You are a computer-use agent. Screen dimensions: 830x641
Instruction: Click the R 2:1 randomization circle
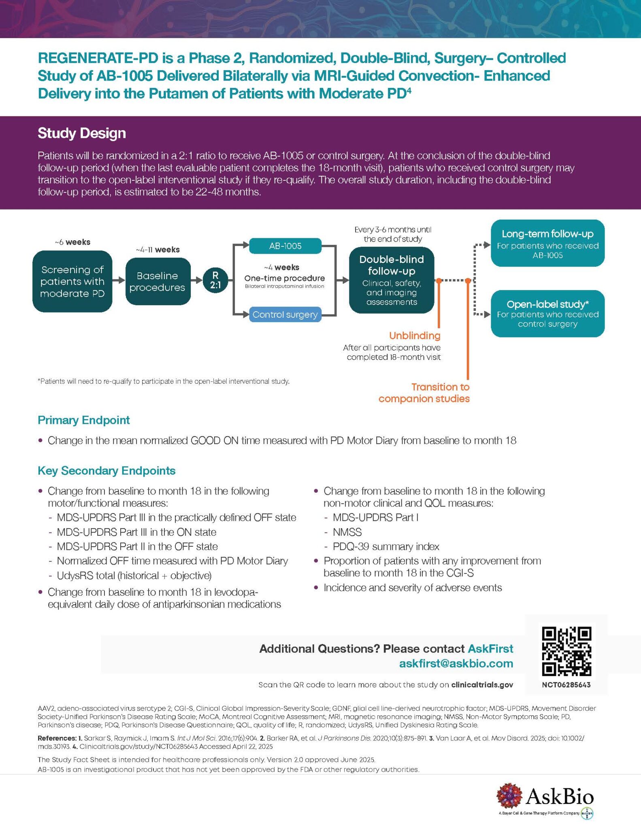pos(215,280)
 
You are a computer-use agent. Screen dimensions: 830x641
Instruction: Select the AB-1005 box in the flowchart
pos(285,246)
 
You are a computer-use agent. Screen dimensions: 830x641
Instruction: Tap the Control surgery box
pos(285,314)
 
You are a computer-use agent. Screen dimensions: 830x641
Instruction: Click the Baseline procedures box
pos(158,281)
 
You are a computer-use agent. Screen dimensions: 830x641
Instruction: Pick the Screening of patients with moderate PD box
pos(72,281)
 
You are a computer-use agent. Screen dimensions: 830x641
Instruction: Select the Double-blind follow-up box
pos(392,280)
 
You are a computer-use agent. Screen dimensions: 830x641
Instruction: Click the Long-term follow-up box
pos(547,243)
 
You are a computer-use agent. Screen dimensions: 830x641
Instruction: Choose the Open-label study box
pos(547,314)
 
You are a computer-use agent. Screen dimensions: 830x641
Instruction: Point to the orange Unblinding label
pos(415,336)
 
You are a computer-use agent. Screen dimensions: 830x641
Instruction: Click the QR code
pos(566,651)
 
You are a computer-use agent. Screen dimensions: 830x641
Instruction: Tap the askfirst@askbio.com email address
pos(456,663)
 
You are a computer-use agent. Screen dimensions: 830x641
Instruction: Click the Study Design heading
pos(82,133)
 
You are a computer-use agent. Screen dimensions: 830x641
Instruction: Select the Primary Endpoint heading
pos(84,420)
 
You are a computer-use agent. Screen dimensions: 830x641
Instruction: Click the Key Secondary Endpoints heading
pos(106,471)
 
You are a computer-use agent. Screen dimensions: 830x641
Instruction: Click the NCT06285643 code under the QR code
pos(566,685)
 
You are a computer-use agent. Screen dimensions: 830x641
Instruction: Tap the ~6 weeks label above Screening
pos(72,242)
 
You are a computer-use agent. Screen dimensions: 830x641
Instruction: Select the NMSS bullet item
pos(347,532)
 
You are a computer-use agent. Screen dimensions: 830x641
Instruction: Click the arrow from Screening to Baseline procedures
pos(119,280)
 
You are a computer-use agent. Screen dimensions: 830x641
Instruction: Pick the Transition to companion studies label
pos(424,393)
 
